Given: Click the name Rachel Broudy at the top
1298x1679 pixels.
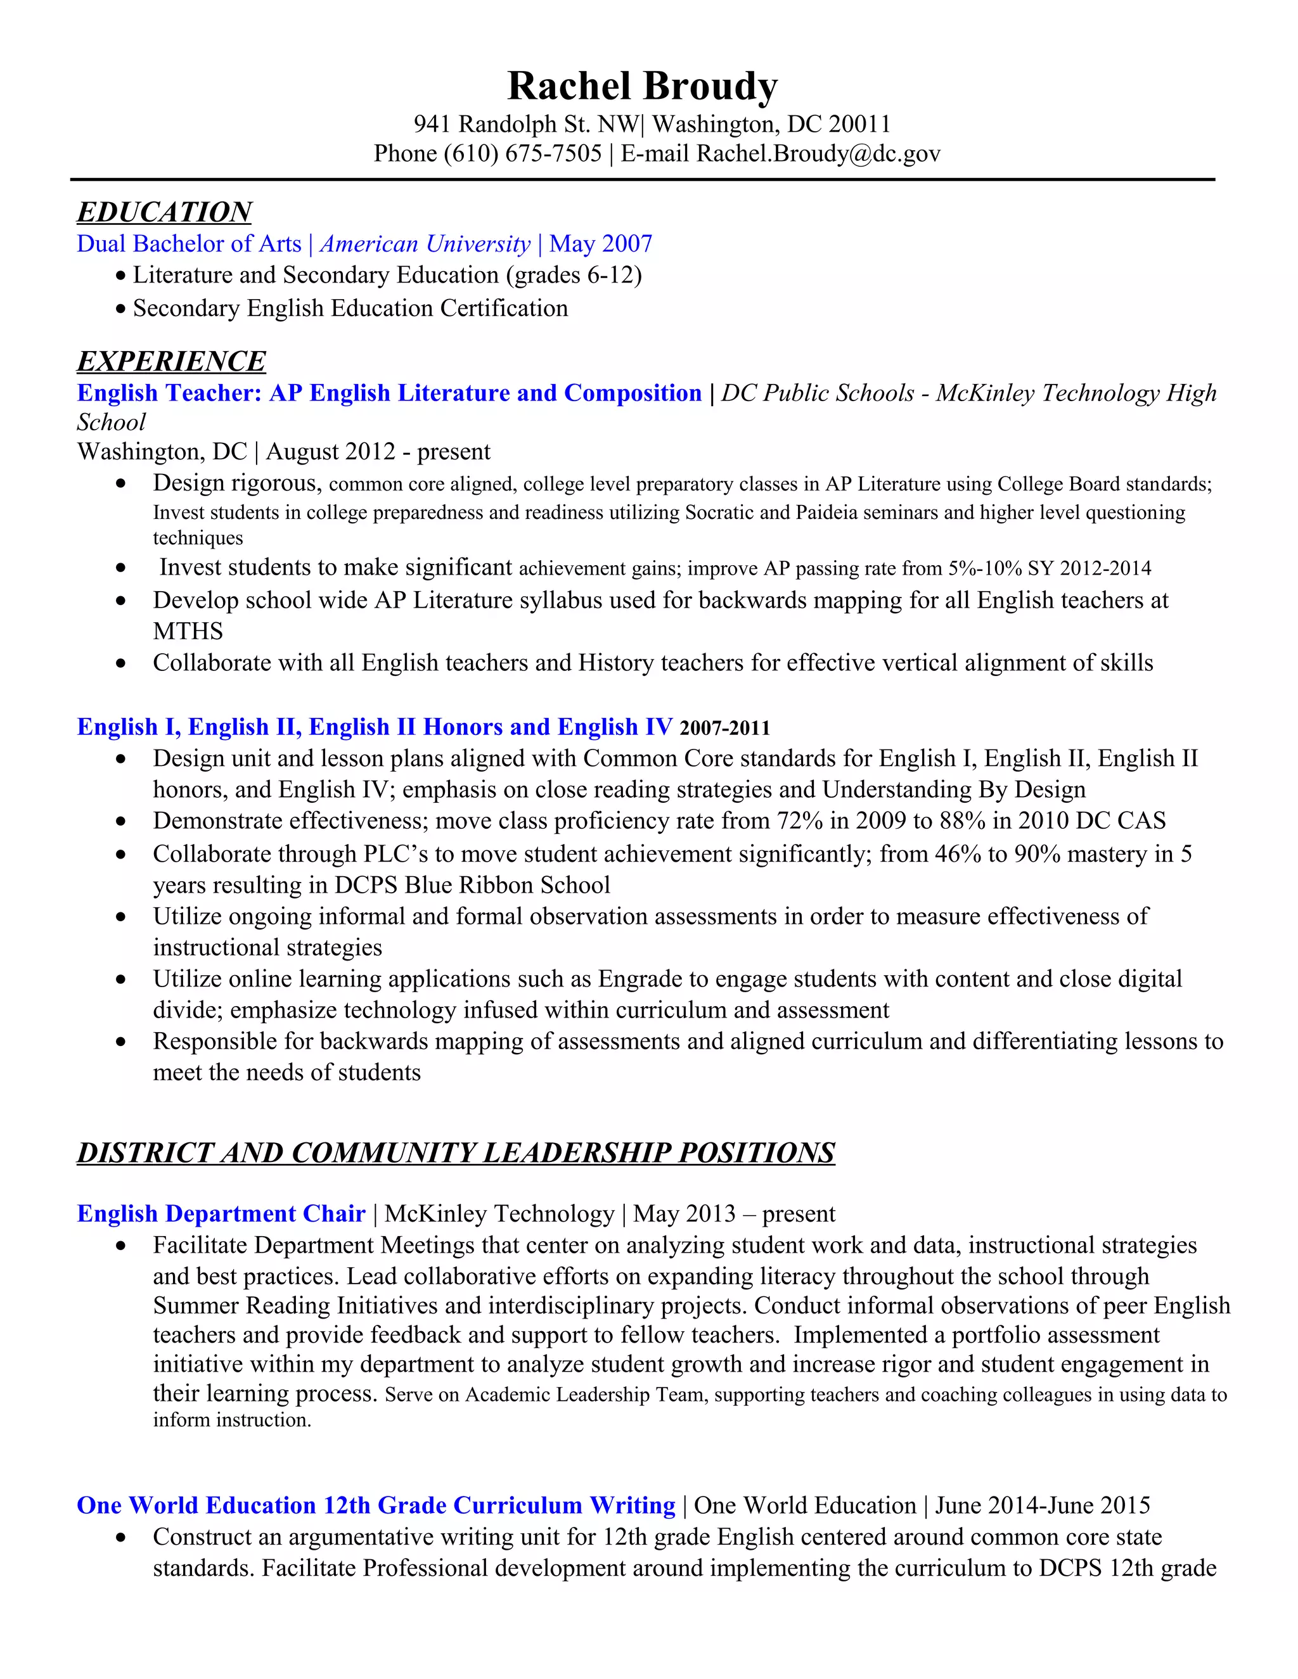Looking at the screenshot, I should [642, 86].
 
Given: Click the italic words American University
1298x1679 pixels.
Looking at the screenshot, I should [425, 244].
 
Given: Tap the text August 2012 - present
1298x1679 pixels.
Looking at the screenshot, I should [378, 451].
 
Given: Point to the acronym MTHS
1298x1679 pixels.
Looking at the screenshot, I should [188, 631].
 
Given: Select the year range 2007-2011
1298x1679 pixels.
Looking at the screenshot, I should [724, 727].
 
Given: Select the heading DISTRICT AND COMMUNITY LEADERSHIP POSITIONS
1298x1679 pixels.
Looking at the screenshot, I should [455, 1152].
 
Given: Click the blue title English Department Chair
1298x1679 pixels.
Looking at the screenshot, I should [221, 1213].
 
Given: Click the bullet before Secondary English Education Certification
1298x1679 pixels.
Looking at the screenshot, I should [120, 309].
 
